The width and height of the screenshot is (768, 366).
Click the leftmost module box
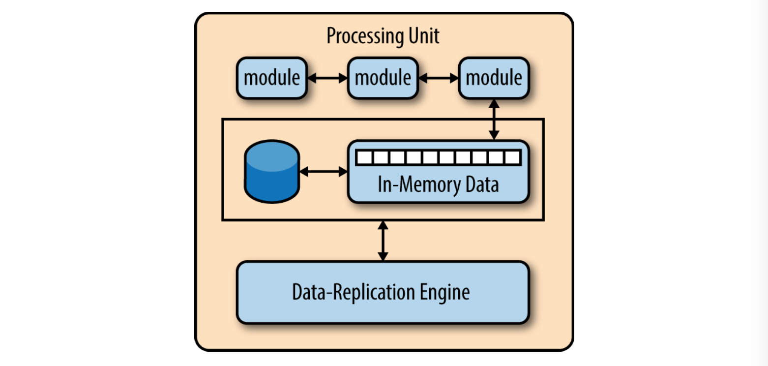pos(271,78)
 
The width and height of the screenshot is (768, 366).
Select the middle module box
pos(383,78)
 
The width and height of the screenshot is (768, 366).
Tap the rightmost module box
pos(494,78)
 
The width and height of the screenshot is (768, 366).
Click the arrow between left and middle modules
pos(327,78)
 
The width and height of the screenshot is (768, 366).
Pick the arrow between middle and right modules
pos(439,78)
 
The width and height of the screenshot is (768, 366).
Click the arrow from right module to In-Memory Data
pos(494,120)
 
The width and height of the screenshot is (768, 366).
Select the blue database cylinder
pos(272,172)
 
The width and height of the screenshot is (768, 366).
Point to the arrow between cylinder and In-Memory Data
pos(324,172)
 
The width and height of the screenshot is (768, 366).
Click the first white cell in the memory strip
pos(364,158)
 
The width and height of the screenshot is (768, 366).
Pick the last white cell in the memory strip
pos(512,158)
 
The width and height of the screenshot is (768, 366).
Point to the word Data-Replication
pos(354,292)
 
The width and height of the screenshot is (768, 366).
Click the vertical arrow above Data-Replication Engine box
pos(383,241)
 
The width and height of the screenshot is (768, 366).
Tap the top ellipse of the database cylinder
pos(272,156)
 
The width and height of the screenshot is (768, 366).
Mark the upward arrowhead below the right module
pos(494,104)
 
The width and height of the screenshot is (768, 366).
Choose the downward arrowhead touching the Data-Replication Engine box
pos(383,257)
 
